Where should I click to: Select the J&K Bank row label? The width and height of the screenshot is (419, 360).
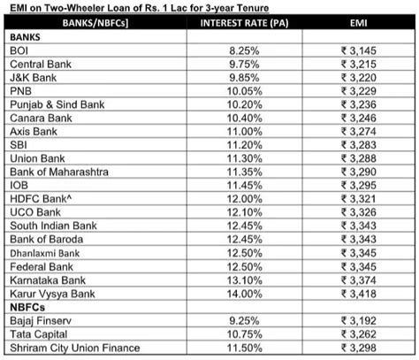click(x=34, y=78)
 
